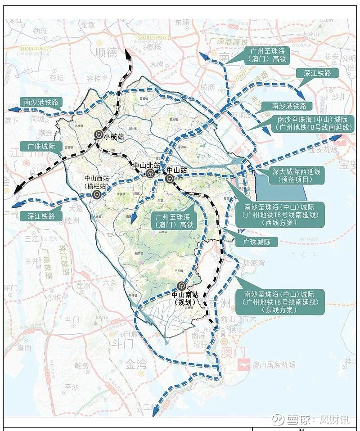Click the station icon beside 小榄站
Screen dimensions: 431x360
pos(98,135)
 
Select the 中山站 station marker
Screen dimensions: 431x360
pos(169,179)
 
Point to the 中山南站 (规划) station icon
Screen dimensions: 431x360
pos(180,286)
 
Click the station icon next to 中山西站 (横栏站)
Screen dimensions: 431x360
pos(97,195)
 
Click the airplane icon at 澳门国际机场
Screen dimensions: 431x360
pos(243,364)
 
